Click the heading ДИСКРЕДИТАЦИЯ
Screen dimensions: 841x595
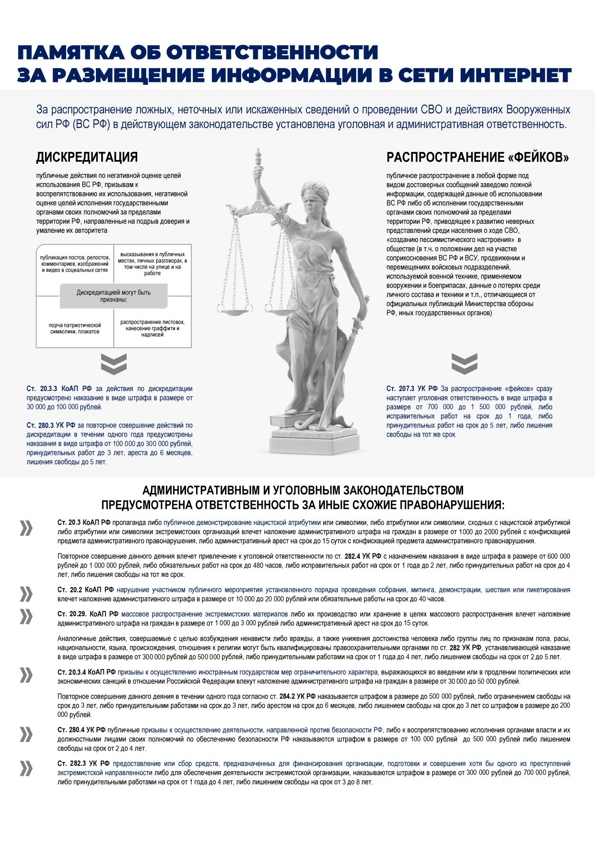pyautogui.click(x=87, y=157)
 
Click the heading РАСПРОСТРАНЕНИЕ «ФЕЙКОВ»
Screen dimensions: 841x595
pyautogui.click(x=478, y=157)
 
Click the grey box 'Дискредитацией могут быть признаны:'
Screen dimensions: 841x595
pyautogui.click(x=114, y=296)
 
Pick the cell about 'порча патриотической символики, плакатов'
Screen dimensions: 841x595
pyautogui.click(x=75, y=328)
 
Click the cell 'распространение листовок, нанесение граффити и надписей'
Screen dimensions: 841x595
pyautogui.click(x=152, y=328)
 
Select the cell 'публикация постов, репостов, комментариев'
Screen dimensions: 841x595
pyautogui.click(x=75, y=264)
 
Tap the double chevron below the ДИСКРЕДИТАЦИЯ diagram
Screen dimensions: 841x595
pyautogui.click(x=114, y=364)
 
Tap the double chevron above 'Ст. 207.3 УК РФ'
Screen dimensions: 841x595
pyautogui.click(x=464, y=364)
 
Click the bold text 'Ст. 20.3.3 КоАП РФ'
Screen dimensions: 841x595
pyautogui.click(x=59, y=389)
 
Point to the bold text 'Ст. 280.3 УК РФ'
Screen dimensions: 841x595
pyautogui.click(x=51, y=425)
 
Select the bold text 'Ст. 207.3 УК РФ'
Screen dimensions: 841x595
pyautogui.click(x=412, y=389)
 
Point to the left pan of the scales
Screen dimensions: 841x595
pyautogui.click(x=234, y=309)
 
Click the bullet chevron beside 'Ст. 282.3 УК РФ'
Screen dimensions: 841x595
pyautogui.click(x=26, y=768)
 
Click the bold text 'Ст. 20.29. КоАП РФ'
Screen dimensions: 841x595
pyautogui.click(x=88, y=614)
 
